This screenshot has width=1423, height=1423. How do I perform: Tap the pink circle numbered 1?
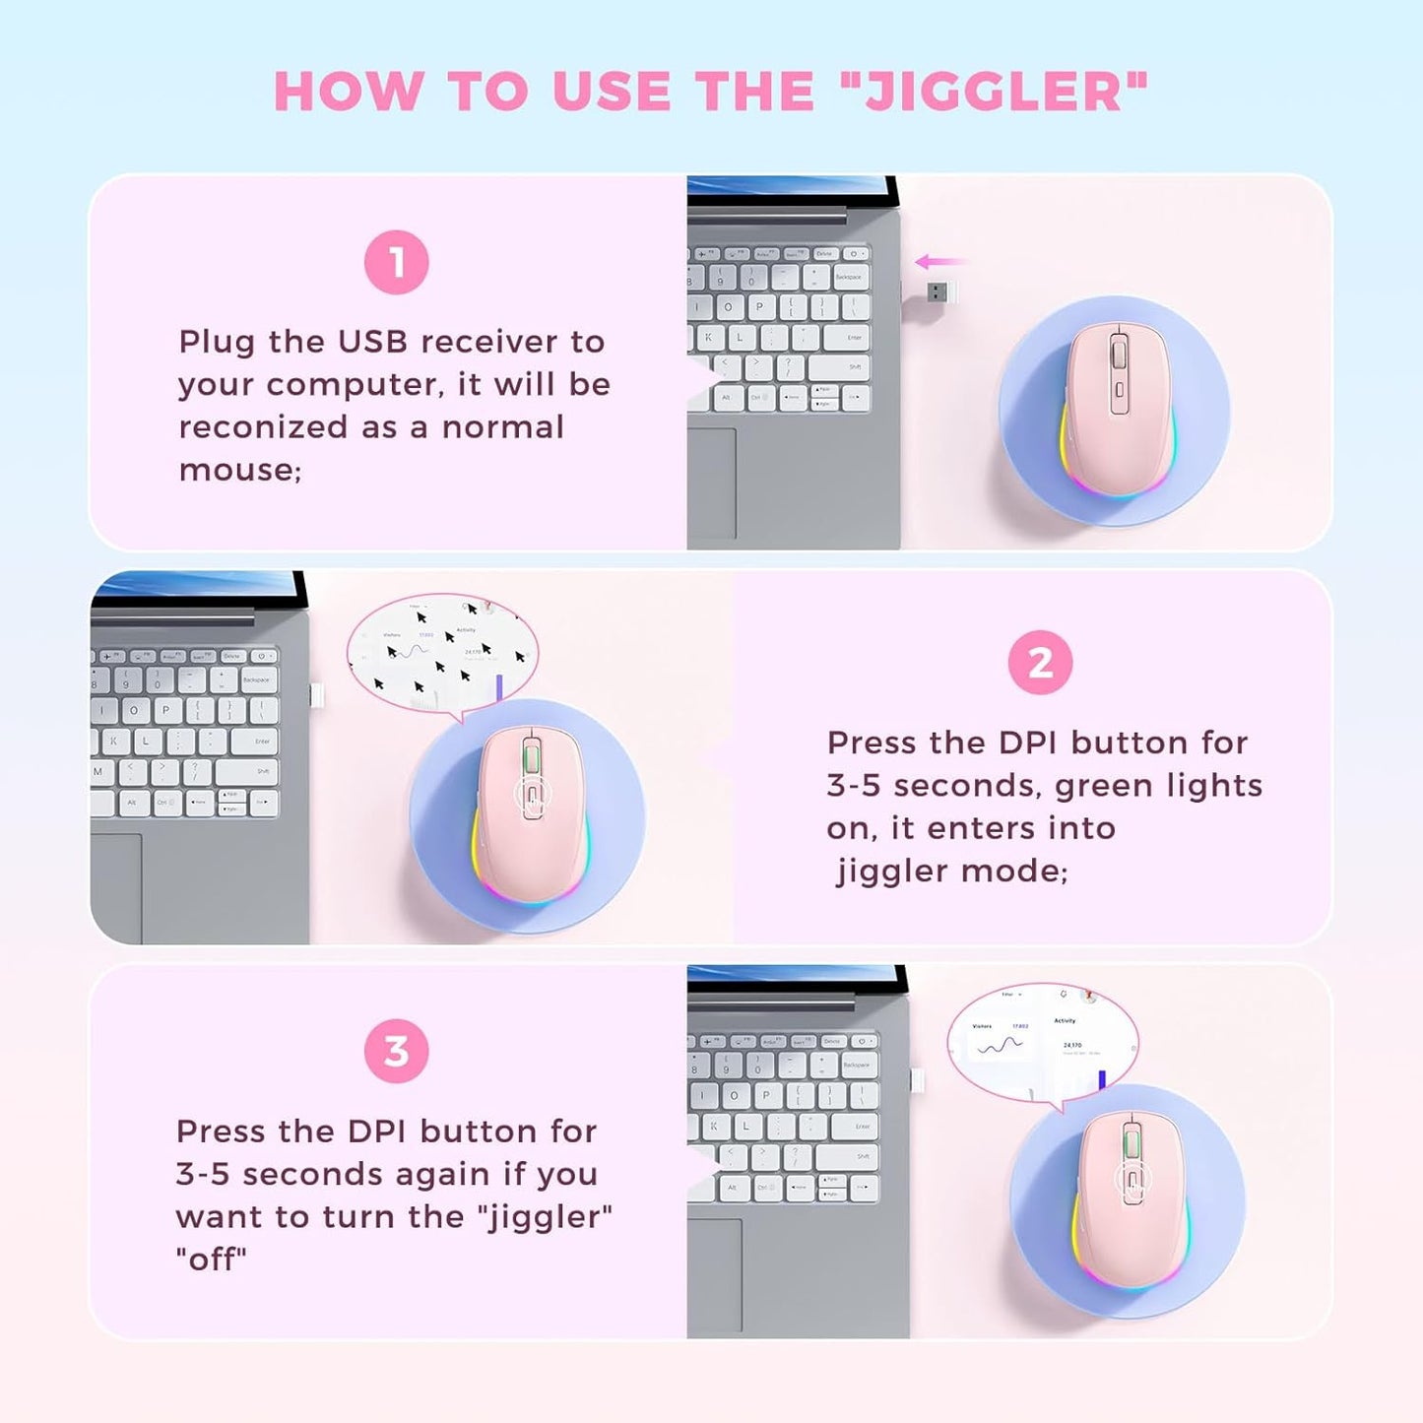[396, 263]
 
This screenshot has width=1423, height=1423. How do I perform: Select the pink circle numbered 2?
[1040, 663]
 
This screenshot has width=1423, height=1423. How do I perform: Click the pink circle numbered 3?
[396, 1051]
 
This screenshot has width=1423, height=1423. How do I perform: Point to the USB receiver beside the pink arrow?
[940, 291]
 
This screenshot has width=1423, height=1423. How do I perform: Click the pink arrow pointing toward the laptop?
[939, 262]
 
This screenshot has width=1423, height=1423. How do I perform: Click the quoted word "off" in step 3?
[211, 1259]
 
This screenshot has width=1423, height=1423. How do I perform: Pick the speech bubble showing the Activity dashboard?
[1042, 1040]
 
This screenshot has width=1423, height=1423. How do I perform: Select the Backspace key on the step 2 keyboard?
[256, 679]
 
